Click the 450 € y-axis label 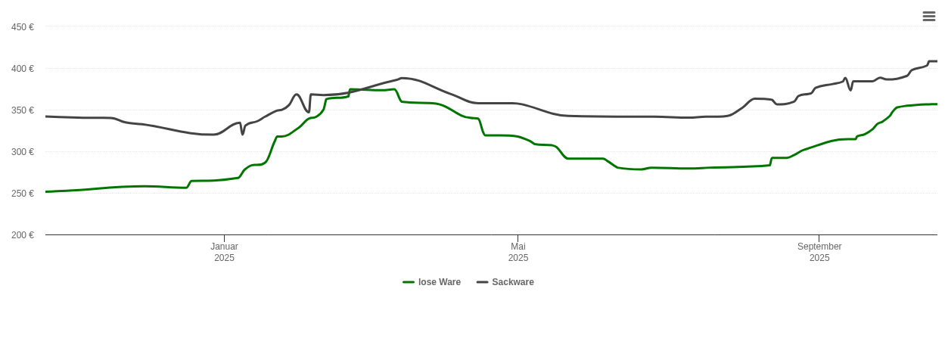23,27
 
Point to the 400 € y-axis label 23,69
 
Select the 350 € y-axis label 23,110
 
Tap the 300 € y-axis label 23,152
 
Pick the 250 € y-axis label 23,194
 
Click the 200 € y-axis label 23,235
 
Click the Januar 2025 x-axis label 224,252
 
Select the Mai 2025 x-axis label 518,252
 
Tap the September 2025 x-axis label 819,252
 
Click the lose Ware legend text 439,282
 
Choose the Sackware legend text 513,282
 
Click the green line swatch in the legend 409,282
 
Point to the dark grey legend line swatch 482,282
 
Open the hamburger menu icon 929,16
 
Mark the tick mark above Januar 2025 224,238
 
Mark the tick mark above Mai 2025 518,238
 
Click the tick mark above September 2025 819,238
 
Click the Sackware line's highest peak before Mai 402,78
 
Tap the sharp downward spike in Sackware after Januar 243,134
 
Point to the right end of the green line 936,104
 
